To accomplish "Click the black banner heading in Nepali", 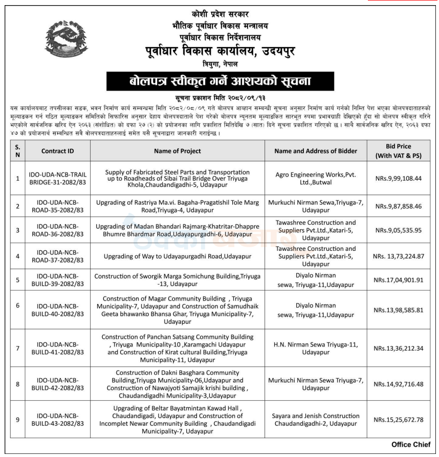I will pos(220,81).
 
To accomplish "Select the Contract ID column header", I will pos(57,151).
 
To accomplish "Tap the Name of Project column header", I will pos(177,151).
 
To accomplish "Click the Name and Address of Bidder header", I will pos(316,151).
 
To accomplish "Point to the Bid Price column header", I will pos(399,150).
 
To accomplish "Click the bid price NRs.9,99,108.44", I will pos(399,179).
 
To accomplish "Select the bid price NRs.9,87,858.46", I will pos(399,206).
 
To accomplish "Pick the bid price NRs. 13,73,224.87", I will pos(399,256).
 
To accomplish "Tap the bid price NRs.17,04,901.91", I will pos(399,279).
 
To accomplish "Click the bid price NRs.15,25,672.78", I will pos(399,420).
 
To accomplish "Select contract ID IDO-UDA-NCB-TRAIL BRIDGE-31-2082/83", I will pos(57,179).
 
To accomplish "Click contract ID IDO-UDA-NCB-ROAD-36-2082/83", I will pos(57,230).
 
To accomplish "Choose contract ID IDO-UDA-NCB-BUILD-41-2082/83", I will pos(57,349).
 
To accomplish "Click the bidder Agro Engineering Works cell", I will pos(316,179).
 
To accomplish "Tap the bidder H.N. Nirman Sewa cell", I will pos(316,349).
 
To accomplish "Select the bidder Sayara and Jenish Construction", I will pos(316,420).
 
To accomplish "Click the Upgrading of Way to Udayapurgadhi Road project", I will pos(177,256).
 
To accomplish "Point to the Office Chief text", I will pos(411,444).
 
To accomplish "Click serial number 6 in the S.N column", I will pos(17,306).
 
